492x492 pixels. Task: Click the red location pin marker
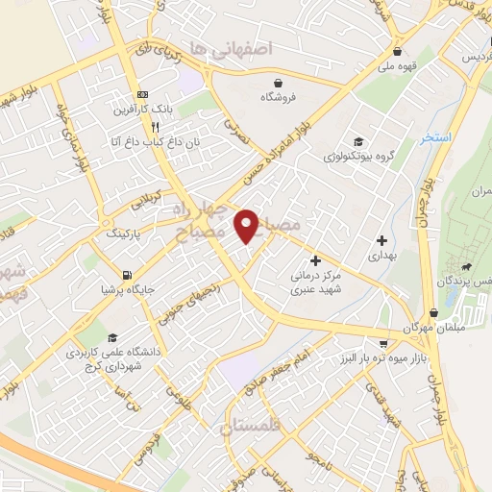click(247, 225)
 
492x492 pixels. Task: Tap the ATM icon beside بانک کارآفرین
click(143, 94)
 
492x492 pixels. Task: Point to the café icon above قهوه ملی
click(397, 52)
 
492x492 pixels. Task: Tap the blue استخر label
click(434, 138)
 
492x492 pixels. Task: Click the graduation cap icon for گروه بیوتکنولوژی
click(358, 140)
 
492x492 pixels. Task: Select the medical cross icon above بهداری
click(381, 240)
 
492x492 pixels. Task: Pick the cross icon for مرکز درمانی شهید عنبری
click(315, 259)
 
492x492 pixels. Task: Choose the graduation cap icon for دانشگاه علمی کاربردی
click(113, 337)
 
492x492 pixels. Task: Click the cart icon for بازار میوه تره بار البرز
click(384, 343)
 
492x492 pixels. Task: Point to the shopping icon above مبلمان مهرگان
click(433, 312)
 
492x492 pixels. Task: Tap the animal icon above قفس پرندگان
click(466, 266)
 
